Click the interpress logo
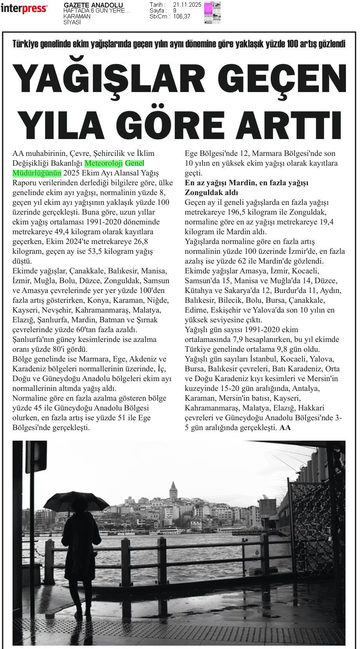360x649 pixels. pyautogui.click(x=24, y=9)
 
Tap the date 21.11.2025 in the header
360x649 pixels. pyautogui.click(x=187, y=5)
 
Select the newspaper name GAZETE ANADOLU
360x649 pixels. pyautogui.click(x=93, y=5)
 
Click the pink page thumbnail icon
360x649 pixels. pyautogui.click(x=212, y=13)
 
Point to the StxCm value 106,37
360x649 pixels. pyautogui.click(x=182, y=16)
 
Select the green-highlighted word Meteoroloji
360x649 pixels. pyautogui.click(x=104, y=163)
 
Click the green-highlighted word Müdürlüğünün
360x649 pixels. pyautogui.click(x=37, y=173)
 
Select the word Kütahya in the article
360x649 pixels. pyautogui.click(x=197, y=290)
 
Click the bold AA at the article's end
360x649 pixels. pyautogui.click(x=285, y=427)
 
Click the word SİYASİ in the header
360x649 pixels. pyautogui.click(x=72, y=22)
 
